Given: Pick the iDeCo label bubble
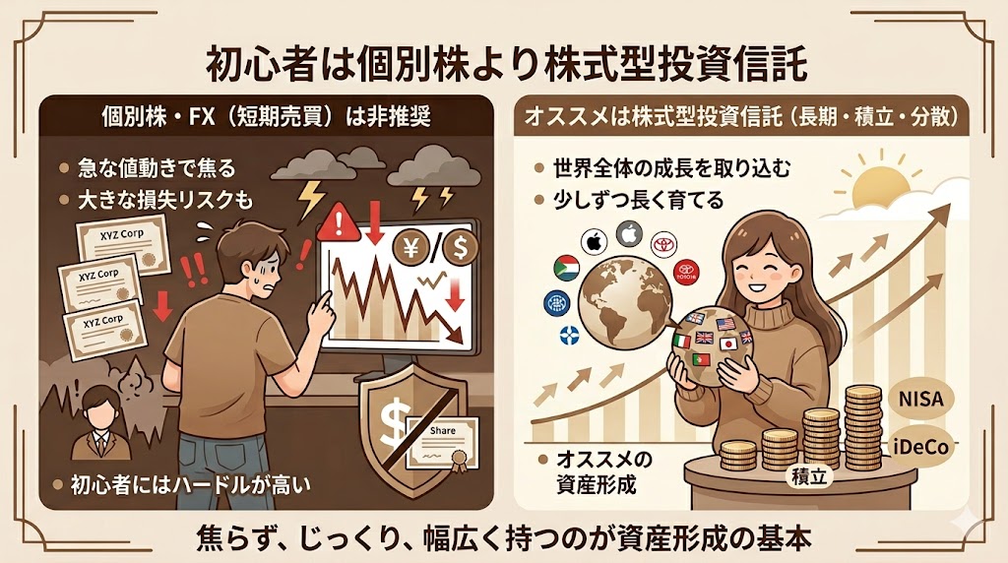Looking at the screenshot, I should click(920, 444).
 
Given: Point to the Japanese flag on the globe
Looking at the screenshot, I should click(729, 344).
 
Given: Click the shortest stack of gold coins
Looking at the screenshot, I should click(736, 454).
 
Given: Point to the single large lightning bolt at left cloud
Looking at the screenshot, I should click(311, 201).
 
